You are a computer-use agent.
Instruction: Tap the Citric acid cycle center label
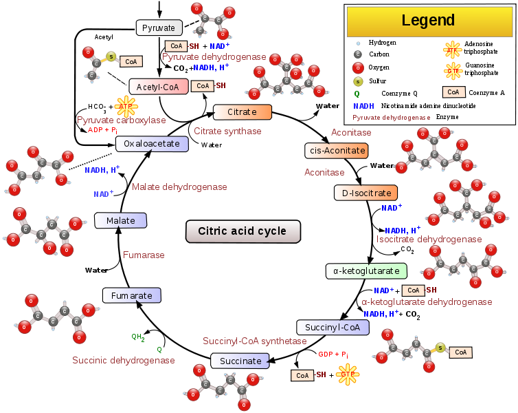243,231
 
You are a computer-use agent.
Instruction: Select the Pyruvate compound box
159,28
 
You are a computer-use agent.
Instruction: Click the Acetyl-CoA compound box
158,87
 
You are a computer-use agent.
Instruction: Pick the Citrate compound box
242,112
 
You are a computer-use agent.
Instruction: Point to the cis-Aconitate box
336,151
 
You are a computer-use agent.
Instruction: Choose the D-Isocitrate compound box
366,193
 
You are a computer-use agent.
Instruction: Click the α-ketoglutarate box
366,271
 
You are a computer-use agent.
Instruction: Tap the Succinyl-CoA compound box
333,328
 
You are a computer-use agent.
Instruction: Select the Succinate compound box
240,361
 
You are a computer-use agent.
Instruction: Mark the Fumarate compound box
132,295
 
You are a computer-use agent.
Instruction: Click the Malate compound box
120,221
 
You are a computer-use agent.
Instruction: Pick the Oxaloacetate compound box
152,144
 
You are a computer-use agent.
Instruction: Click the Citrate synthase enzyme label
227,131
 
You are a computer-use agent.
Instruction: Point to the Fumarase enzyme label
144,255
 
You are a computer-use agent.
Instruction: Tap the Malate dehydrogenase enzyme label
179,187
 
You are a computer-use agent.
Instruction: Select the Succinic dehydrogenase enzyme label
124,360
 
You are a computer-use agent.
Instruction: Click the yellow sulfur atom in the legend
357,81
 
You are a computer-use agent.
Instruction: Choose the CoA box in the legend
453,92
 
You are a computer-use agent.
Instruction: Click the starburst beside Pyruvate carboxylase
125,106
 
